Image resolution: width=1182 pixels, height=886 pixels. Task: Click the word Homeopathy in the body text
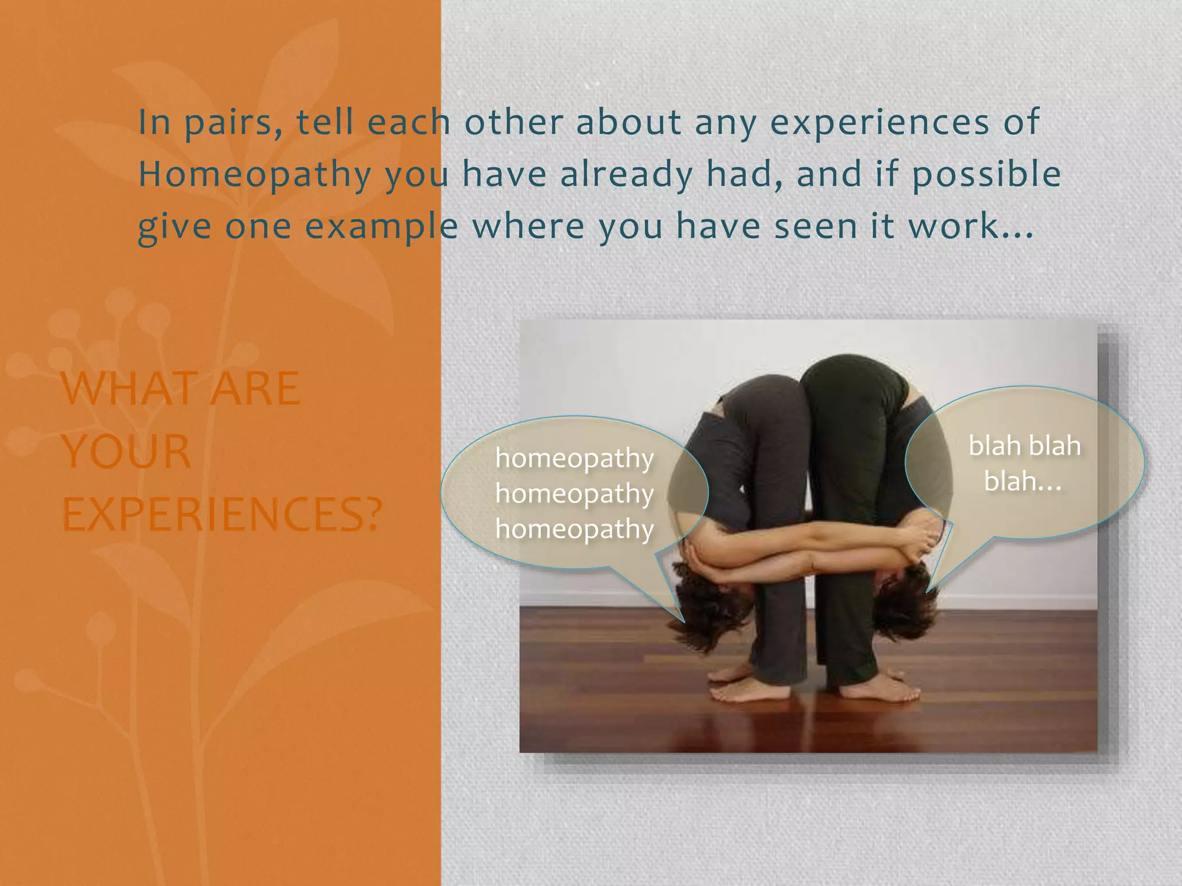coord(255,174)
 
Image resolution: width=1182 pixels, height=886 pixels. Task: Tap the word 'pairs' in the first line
coord(233,123)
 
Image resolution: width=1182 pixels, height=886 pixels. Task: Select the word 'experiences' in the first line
coord(880,123)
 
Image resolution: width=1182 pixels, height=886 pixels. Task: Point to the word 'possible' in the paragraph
coord(986,174)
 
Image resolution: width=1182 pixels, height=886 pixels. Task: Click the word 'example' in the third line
coord(381,226)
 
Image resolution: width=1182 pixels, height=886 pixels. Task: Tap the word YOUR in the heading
coord(126,452)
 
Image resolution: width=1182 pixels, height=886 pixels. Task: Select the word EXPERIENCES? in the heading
coord(222,515)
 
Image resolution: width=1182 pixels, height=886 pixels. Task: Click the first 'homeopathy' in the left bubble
coord(574,459)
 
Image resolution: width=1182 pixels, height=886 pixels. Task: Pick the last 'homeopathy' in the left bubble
coord(574,529)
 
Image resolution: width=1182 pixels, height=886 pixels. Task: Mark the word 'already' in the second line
coord(626,174)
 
